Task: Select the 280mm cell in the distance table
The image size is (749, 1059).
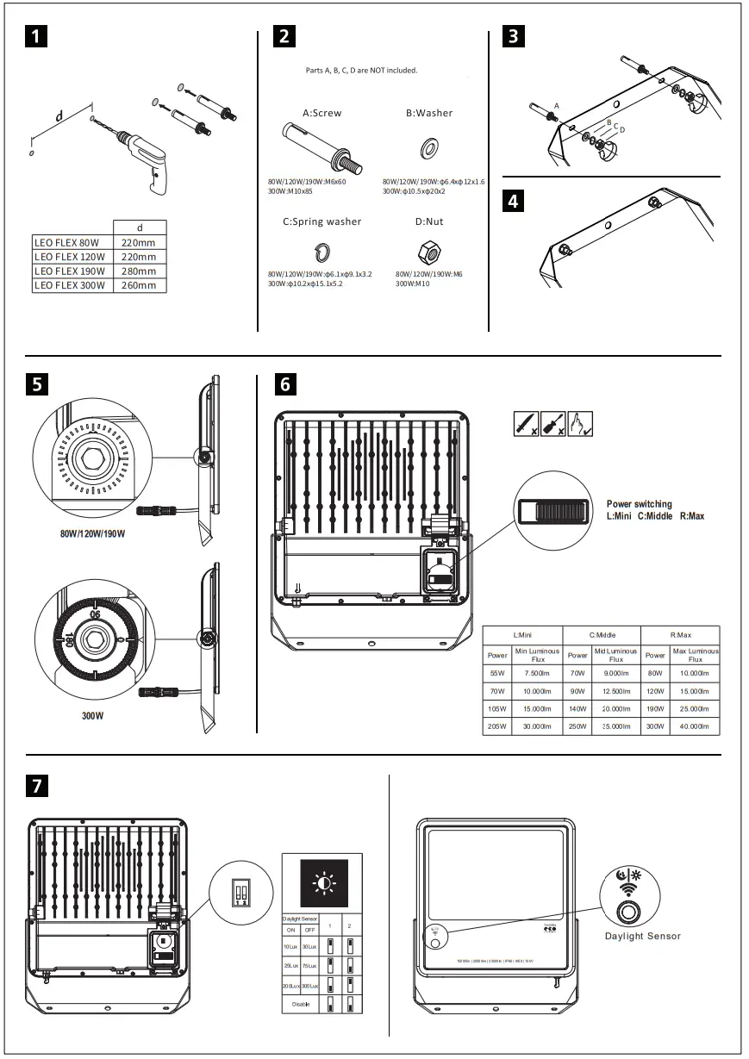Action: pos(140,271)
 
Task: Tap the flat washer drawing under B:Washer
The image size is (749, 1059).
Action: pos(428,150)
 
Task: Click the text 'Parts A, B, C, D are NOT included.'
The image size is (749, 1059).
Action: pos(361,70)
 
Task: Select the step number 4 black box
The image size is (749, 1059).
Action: pos(514,202)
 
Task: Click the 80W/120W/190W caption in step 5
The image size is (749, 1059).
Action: pos(92,534)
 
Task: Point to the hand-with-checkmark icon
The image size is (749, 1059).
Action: pos(581,424)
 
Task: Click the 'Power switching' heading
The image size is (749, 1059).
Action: pos(639,504)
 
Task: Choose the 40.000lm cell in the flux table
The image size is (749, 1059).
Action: pos(695,727)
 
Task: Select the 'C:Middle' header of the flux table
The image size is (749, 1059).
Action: pos(601,635)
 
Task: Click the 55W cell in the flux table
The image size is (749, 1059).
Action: pos(497,672)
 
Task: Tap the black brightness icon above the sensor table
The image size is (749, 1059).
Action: pos(322,883)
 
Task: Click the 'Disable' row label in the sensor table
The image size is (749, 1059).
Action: pos(300,1005)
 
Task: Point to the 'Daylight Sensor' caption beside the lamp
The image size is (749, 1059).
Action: pos(642,936)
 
